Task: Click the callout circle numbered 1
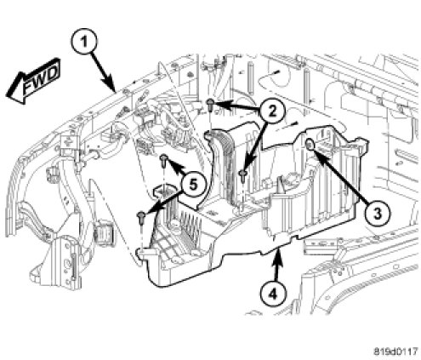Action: (x=83, y=43)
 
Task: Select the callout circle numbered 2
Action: (x=272, y=111)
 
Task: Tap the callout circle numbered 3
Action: (x=377, y=213)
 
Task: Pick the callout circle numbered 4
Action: (x=273, y=294)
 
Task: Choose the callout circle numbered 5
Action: (x=192, y=185)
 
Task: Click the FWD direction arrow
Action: (x=33, y=81)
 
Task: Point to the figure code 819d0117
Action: (x=395, y=351)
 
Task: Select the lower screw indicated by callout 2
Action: (x=242, y=175)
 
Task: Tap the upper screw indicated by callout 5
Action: (x=163, y=161)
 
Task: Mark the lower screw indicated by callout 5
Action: (x=141, y=218)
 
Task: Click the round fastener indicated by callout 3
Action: (x=310, y=145)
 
